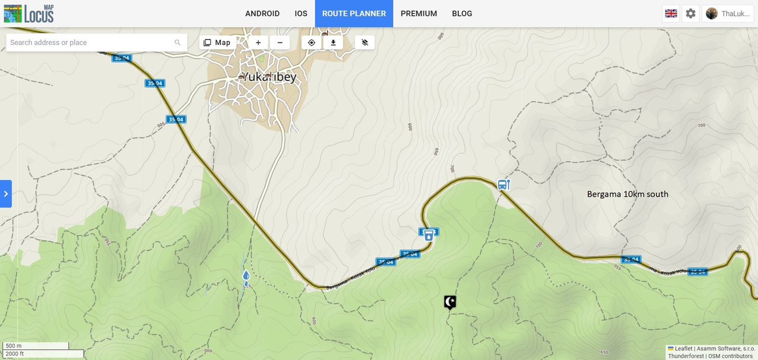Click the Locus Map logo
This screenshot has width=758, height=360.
click(x=28, y=13)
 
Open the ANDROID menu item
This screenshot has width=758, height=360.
click(x=262, y=14)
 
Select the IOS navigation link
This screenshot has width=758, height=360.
click(x=301, y=14)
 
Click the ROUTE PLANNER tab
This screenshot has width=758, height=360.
click(x=354, y=14)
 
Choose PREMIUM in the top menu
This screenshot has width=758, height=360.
click(x=419, y=14)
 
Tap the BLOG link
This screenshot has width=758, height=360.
click(x=462, y=14)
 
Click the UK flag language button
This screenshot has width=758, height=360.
click(x=671, y=14)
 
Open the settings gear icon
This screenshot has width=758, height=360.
click(x=690, y=14)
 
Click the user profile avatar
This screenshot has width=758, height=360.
click(x=712, y=14)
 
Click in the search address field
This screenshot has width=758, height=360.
click(x=89, y=43)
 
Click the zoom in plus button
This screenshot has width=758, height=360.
click(x=258, y=43)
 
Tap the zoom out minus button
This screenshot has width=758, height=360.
click(x=280, y=43)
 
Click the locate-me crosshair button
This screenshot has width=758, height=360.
click(x=311, y=43)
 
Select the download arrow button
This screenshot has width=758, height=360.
click(x=333, y=43)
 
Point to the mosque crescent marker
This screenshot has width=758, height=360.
click(x=451, y=302)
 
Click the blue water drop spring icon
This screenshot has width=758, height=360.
click(x=246, y=275)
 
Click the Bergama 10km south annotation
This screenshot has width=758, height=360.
click(x=627, y=194)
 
